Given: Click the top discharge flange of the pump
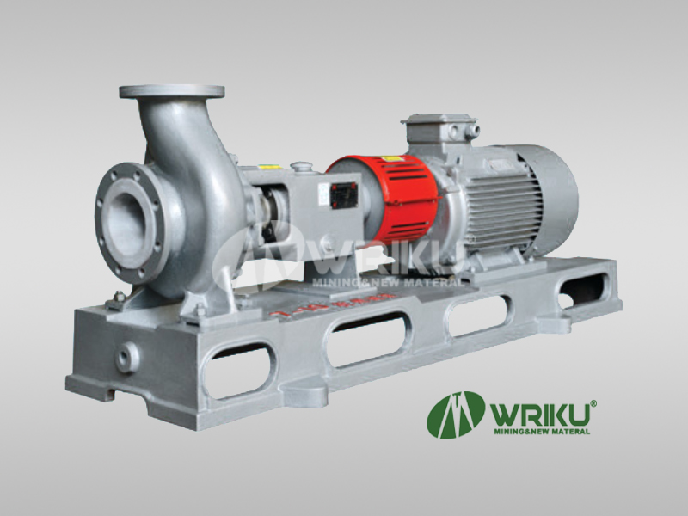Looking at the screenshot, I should (x=172, y=91).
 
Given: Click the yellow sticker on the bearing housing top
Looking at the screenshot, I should (x=269, y=168).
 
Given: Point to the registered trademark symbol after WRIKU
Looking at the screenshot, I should (x=593, y=402).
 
